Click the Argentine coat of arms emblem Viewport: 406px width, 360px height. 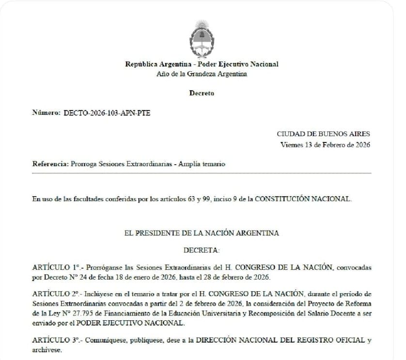pos(202,38)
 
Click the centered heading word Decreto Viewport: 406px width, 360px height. pos(202,94)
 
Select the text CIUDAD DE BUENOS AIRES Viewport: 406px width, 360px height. pos(323,134)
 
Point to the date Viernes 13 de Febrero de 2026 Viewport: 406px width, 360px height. pos(325,144)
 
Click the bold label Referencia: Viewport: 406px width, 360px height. pos(50,164)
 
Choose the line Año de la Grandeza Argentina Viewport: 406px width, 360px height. pos(202,74)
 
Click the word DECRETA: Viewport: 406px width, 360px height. pos(202,250)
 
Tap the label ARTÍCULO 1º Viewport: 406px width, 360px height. pos(56,267)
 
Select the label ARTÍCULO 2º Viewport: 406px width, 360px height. pos(56,294)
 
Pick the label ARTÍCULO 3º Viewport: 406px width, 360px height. pos(56,340)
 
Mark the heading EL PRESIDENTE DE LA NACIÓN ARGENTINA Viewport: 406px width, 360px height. pos(202,233)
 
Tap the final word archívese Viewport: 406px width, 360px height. pos(47,350)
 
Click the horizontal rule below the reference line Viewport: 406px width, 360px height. pos(202,173)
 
